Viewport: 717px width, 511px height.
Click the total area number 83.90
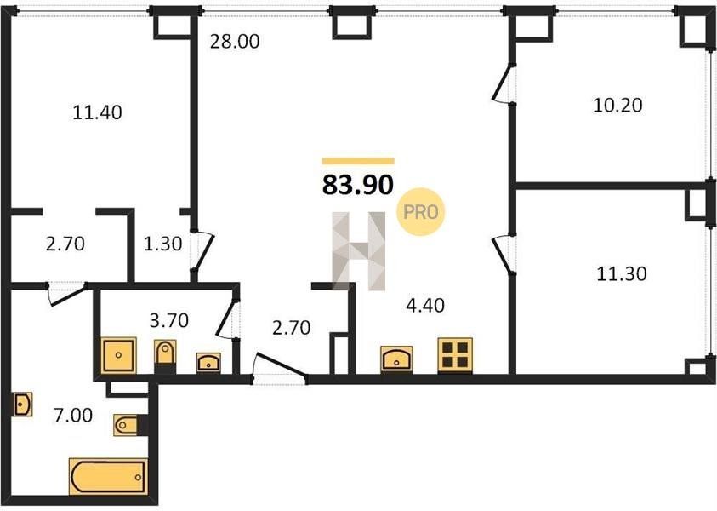coord(357,185)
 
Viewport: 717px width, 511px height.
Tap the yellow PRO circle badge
coord(421,212)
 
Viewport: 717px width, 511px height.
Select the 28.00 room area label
coord(235,42)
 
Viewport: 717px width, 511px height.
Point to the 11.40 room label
coord(98,112)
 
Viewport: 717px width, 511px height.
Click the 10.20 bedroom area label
coord(617,106)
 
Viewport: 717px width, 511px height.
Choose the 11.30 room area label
coord(622,274)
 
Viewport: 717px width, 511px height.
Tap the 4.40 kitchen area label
coord(425,305)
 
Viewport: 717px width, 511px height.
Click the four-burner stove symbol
coord(455,355)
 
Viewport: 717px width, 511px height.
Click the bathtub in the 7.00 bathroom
coord(108,477)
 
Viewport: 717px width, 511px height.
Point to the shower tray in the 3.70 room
coord(118,355)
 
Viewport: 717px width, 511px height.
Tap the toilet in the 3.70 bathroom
coord(165,353)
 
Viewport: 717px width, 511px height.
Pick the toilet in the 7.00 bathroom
coord(128,425)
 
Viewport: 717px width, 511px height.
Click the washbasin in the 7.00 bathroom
coord(22,405)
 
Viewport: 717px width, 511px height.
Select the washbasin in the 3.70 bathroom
coord(208,362)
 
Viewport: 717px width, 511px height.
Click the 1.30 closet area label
coord(162,244)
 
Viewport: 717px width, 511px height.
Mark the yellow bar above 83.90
coord(358,161)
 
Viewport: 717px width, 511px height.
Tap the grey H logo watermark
coord(359,251)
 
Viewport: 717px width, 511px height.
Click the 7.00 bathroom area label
coord(73,416)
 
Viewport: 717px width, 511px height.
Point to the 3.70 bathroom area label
coord(169,320)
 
